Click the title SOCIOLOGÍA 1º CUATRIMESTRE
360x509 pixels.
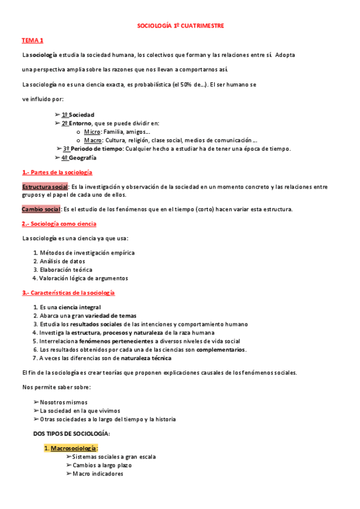pyautogui.click(x=180, y=26)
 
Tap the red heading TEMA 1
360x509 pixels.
pyautogui.click(x=32, y=40)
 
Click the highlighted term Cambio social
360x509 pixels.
pyautogui.click(x=41, y=209)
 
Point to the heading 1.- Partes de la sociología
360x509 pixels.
pyautogui.click(x=57, y=172)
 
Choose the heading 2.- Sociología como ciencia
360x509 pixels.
pyautogui.click(x=59, y=223)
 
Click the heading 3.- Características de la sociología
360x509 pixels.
pyautogui.click(x=68, y=292)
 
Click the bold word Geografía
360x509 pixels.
pyautogui.click(x=82, y=157)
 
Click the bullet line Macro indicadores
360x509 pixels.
pyautogui.click(x=98, y=474)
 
